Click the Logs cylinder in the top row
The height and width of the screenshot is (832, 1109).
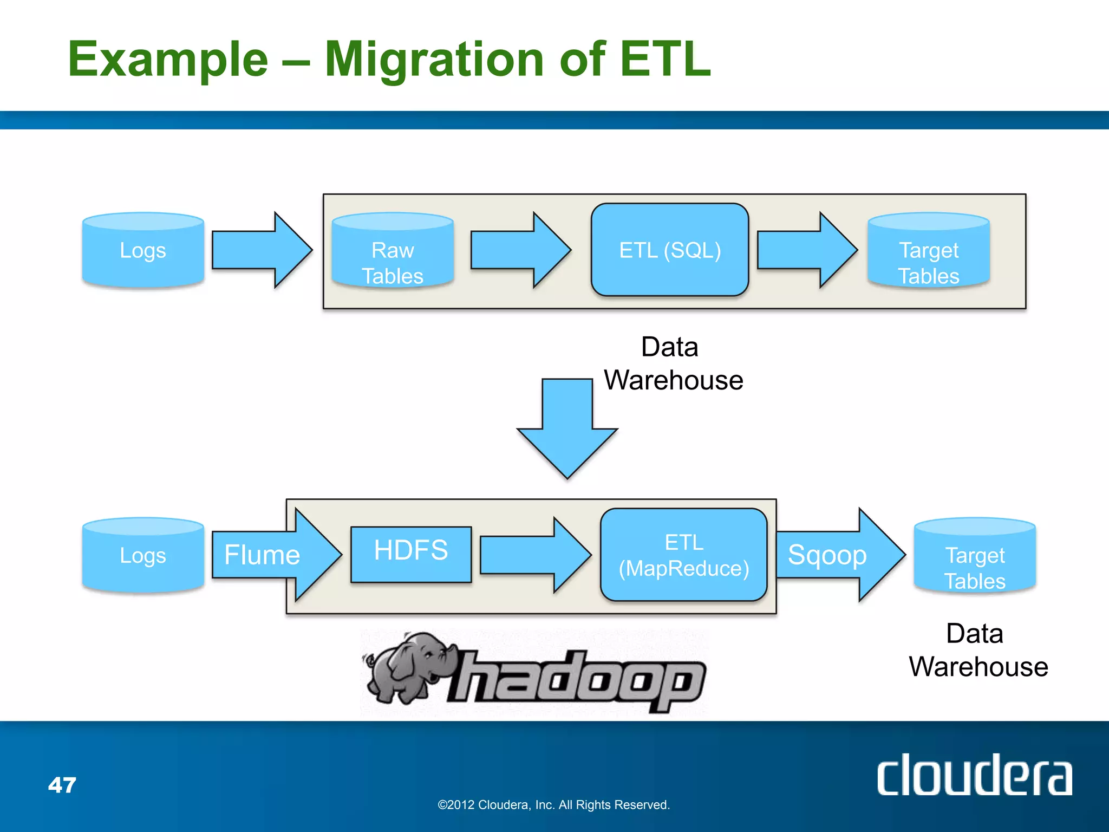coord(143,250)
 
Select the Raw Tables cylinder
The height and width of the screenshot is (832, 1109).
coord(393,251)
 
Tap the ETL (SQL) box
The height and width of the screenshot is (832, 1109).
coord(670,250)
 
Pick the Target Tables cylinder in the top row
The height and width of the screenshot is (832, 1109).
coord(929,251)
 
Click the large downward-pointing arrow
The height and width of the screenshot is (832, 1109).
coord(567,428)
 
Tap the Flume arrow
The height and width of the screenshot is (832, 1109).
coord(271,555)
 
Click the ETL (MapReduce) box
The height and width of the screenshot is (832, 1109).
coord(684,555)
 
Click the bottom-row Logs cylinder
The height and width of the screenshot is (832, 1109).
coord(143,556)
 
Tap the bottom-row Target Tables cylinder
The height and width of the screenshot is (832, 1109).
coord(975,557)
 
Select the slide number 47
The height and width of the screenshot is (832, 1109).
coord(62,785)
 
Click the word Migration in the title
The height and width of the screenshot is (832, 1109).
coord(434,59)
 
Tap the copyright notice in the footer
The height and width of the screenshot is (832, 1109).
coord(553,805)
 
